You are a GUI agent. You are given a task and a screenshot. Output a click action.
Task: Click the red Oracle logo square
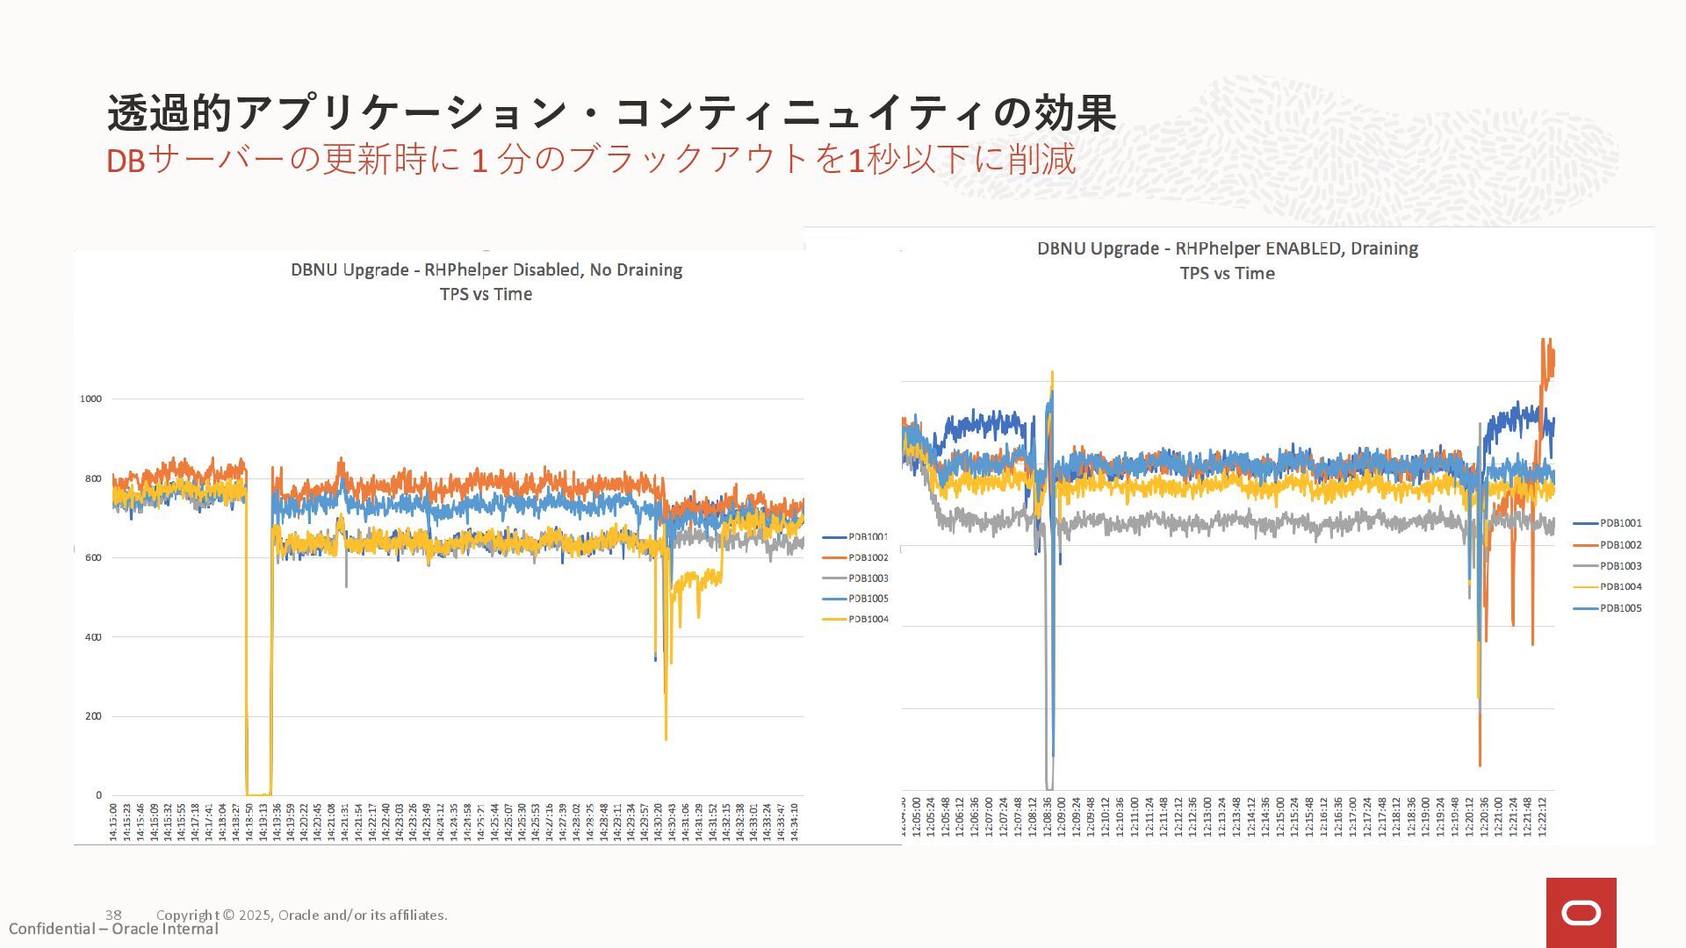coord(1581,912)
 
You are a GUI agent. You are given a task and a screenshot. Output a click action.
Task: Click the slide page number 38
coord(113,915)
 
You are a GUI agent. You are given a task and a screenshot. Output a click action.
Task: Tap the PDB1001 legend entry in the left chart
coord(868,536)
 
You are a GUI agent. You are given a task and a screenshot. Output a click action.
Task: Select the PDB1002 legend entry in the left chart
coord(868,557)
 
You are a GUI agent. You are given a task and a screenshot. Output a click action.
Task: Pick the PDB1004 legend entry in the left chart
coord(868,619)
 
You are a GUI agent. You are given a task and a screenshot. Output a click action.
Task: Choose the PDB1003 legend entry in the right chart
coord(1620,566)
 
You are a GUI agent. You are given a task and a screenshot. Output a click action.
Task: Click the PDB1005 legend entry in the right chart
coord(1620,608)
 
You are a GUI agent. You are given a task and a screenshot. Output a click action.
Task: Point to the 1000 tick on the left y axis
coord(90,399)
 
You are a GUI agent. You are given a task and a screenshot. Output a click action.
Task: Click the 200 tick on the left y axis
coord(93,716)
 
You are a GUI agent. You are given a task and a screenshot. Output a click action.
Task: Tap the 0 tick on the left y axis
coord(98,795)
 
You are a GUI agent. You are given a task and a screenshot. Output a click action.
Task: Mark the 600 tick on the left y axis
coord(93,557)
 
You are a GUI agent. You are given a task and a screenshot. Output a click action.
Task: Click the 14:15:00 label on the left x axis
coord(113,821)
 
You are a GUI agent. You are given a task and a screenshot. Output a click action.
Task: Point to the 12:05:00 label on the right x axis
coord(917,816)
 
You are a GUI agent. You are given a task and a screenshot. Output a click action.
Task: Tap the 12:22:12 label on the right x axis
coord(1542,816)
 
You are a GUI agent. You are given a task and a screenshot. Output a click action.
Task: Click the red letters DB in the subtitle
coord(125,162)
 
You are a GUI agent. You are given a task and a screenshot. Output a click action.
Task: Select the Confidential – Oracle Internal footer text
coord(113,929)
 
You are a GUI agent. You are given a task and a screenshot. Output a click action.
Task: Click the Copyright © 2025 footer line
coord(301,915)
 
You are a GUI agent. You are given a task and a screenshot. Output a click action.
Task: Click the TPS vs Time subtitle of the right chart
coord(1227,273)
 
